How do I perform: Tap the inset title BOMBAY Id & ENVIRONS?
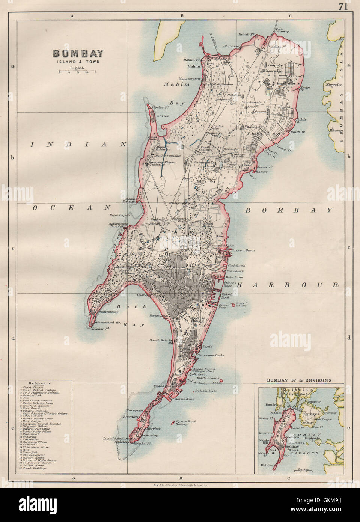coord(299,380)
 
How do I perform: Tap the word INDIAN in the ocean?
coord(78,144)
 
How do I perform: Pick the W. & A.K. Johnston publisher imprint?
coord(180,485)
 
